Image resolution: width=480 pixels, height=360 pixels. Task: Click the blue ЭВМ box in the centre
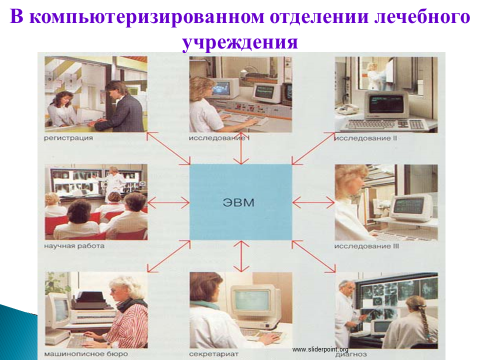240,202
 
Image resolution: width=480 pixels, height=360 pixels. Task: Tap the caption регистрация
68,138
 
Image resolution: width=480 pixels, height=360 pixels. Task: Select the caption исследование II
365,138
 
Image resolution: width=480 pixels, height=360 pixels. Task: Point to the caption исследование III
366,246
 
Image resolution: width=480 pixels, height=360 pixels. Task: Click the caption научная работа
74,246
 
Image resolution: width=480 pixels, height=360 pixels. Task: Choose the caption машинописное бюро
86,354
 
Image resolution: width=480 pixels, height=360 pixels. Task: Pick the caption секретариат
213,354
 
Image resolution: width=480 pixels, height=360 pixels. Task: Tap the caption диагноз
351,355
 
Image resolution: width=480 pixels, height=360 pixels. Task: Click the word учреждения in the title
240,42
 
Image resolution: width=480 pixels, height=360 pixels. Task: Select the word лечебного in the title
422,16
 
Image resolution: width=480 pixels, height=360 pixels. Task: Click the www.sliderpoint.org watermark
320,349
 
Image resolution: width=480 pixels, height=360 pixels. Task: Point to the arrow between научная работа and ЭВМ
168,202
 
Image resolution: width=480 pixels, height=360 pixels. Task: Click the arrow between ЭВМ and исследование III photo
313,202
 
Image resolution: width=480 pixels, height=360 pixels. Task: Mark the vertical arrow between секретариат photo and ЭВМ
241,256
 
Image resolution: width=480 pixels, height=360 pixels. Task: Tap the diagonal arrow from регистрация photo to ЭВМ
168,148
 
